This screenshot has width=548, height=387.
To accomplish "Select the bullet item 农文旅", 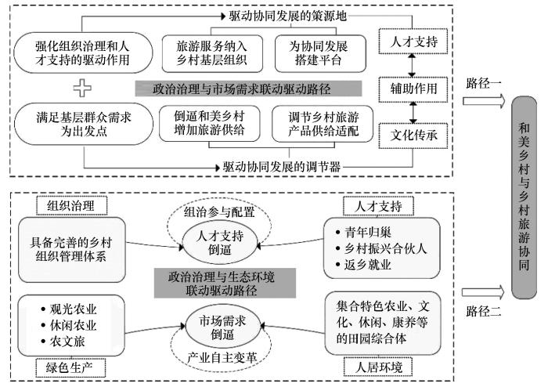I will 56,339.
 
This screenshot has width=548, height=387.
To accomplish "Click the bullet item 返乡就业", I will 365,265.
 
